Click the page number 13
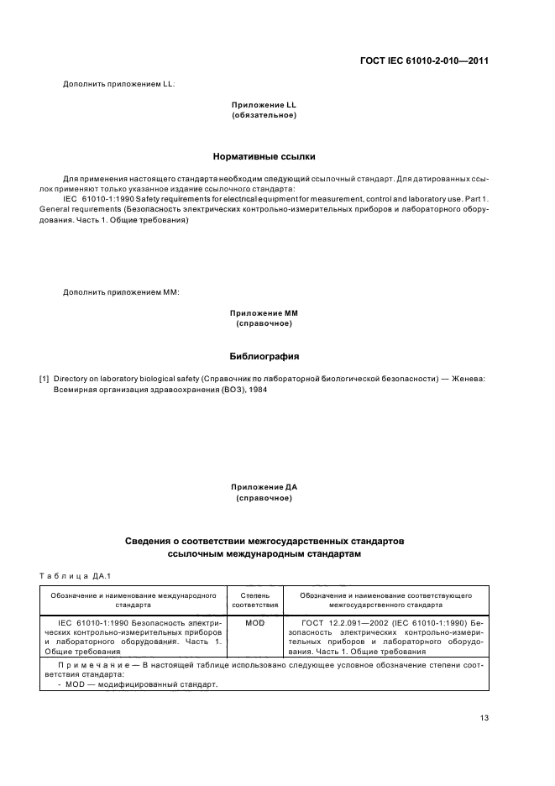484,717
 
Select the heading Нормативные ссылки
264,156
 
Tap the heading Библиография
264,355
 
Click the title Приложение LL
264,104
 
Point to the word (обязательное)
264,114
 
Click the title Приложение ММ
264,313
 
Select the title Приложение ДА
264,487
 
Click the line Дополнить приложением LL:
119,83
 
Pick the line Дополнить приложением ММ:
122,292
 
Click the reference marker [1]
45,380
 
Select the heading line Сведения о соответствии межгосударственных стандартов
264,542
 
